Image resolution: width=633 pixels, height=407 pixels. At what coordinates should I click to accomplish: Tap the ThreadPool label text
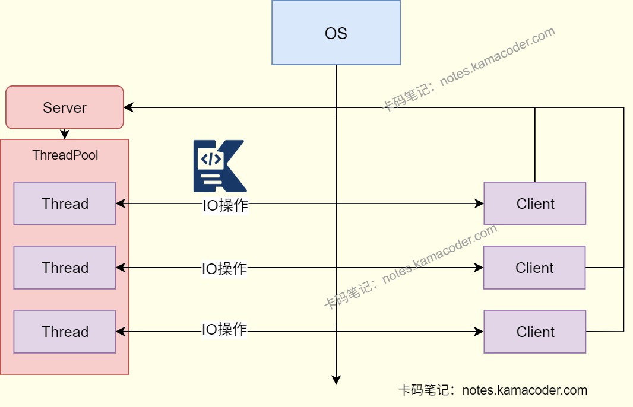[x=65, y=155]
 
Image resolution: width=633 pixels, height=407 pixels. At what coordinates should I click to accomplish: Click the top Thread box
[x=65, y=203]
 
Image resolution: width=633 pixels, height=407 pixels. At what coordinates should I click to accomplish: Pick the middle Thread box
[x=65, y=268]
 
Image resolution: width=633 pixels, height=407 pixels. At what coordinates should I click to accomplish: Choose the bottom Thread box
[x=65, y=332]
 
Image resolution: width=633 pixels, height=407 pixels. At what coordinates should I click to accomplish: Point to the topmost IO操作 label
[x=225, y=206]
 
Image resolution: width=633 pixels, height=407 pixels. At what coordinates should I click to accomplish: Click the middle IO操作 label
[x=224, y=269]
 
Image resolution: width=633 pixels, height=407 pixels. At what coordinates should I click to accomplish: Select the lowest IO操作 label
[x=224, y=329]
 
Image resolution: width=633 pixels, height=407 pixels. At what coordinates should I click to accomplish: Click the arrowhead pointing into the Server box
[x=128, y=107]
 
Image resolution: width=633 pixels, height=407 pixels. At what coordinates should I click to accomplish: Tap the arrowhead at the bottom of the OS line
[x=336, y=380]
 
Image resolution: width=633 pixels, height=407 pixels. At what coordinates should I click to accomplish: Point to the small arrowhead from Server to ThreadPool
[x=65, y=135]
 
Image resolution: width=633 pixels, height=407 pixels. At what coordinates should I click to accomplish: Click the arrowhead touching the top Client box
[x=479, y=203]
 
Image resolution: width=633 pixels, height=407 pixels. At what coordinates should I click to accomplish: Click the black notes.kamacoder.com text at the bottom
[x=524, y=390]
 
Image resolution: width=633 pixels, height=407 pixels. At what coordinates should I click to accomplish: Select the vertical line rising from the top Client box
[x=535, y=145]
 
